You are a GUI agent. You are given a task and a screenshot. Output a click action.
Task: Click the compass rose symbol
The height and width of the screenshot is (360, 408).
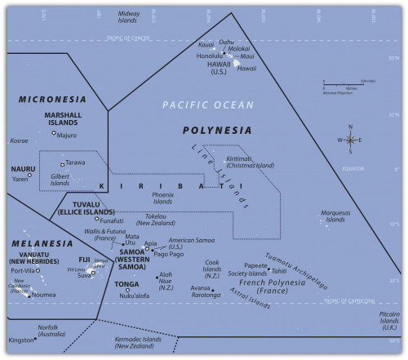pos(350,140)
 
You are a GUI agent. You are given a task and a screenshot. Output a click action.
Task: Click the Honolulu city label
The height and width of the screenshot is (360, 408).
pos(212,56)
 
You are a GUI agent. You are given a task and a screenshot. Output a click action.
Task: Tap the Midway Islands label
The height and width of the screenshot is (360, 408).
pos(129,17)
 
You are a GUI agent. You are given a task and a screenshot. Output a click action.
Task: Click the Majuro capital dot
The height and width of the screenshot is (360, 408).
pos(54,133)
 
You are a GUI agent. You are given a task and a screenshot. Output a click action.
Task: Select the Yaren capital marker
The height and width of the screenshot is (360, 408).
pos(29,175)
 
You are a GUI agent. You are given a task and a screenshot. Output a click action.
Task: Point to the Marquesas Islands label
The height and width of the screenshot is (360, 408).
pos(336,216)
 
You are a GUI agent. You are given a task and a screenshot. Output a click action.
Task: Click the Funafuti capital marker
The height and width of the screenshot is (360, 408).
pos(96,219)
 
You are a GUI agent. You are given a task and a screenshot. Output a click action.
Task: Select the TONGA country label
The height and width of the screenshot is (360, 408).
pos(127,284)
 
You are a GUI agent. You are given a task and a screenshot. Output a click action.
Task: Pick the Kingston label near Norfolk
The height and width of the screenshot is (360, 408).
pos(23,340)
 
